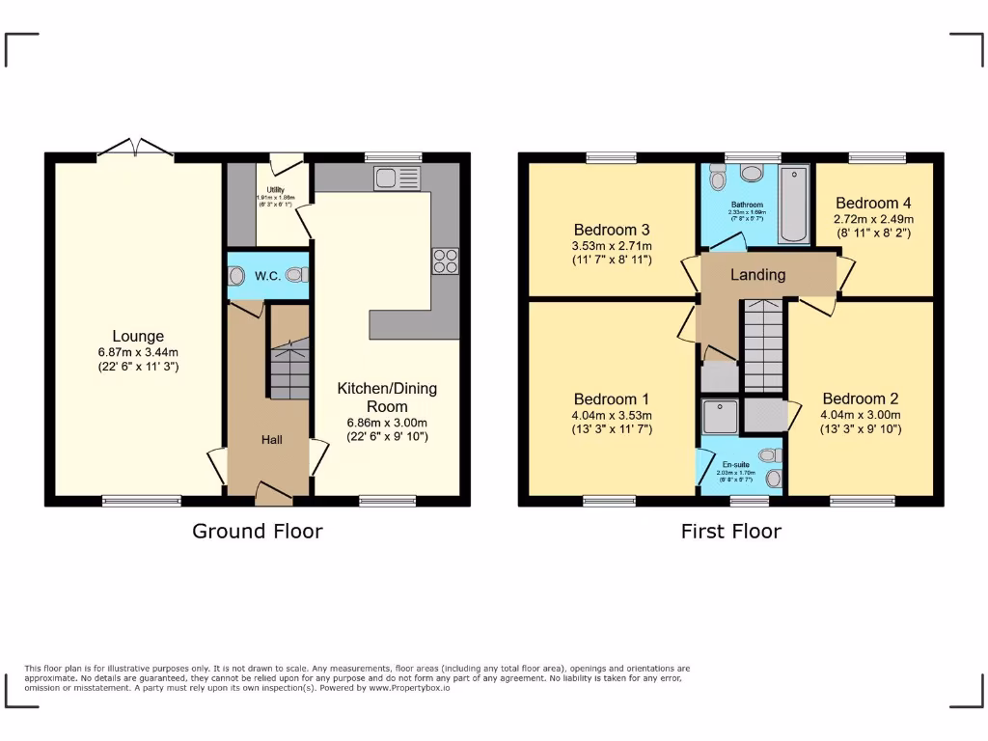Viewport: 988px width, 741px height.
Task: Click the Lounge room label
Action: tap(136, 337)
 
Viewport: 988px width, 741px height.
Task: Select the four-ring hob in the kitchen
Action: tap(445, 261)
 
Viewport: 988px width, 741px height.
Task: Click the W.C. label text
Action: tap(267, 276)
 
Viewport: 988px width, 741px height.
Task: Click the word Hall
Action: tap(272, 440)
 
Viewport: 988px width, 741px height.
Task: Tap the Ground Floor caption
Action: tap(257, 531)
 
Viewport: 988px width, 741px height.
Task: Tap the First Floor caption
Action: tap(730, 531)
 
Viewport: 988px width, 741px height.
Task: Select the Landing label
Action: tap(757, 275)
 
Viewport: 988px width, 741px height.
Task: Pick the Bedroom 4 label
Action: tap(873, 203)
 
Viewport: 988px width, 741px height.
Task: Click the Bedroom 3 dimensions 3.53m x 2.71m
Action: tap(611, 246)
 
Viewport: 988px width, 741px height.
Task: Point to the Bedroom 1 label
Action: tap(611, 399)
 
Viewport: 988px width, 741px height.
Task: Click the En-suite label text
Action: tap(735, 464)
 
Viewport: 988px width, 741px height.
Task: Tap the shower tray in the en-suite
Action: tap(720, 417)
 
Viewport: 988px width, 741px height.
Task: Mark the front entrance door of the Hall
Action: tap(274, 495)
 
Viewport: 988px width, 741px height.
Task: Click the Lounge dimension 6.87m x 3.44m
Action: tap(136, 352)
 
